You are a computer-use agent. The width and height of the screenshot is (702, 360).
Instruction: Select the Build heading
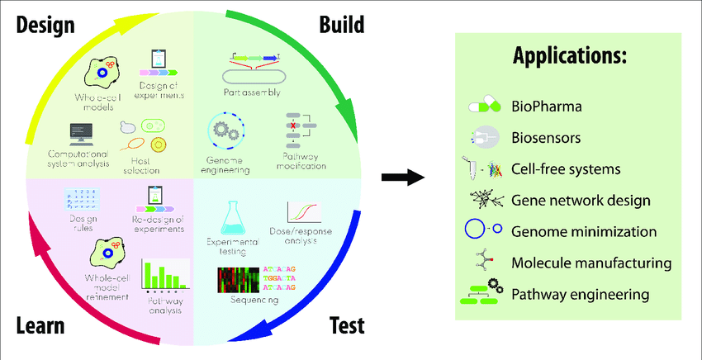click(x=341, y=24)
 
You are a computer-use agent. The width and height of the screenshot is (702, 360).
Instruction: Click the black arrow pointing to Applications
click(x=403, y=178)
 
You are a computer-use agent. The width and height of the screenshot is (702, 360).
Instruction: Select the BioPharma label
click(x=546, y=107)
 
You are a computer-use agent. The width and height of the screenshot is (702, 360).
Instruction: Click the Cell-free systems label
click(x=566, y=169)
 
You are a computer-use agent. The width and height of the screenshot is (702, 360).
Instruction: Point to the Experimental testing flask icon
click(x=235, y=216)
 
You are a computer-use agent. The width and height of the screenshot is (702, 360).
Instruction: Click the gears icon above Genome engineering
click(x=225, y=130)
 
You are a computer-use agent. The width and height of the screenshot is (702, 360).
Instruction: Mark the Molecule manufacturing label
click(x=591, y=263)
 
